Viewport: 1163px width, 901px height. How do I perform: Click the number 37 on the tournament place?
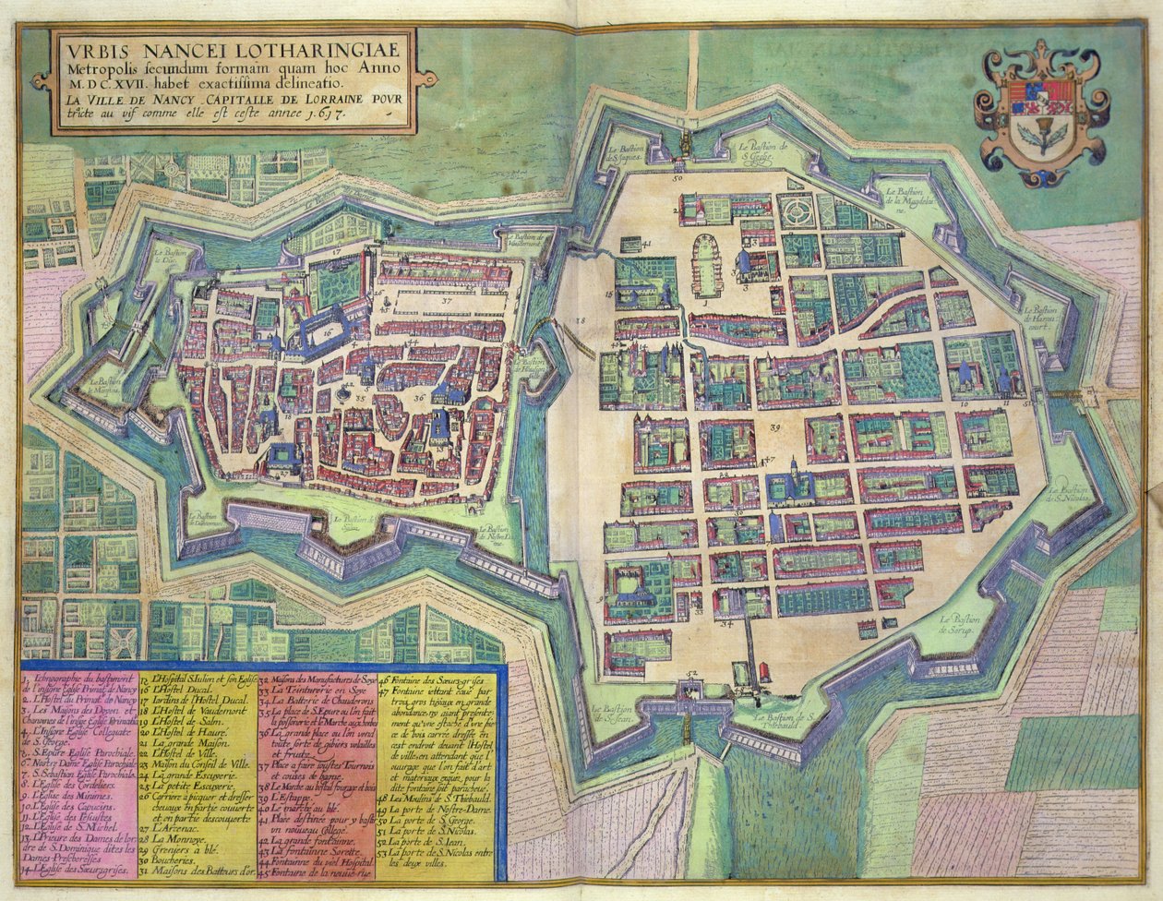[x=446, y=300]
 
